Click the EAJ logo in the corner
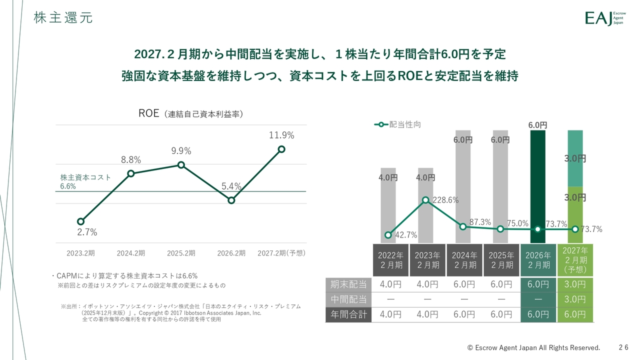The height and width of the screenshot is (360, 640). (604, 18)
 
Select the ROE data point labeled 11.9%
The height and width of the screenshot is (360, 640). (281, 149)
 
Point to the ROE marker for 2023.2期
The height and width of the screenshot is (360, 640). (80, 221)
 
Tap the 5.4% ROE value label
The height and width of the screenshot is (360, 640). (231, 186)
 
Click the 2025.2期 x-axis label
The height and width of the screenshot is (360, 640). (181, 253)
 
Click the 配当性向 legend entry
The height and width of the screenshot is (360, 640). (397, 124)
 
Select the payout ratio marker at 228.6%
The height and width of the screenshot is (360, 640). (425, 200)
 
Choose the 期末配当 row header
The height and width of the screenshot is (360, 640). (348, 284)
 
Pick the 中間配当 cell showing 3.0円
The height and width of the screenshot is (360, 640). (575, 299)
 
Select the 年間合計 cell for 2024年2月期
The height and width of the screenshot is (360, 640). (464, 314)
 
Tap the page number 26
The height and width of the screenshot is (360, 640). (623, 347)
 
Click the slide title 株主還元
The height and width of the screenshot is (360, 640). (63, 18)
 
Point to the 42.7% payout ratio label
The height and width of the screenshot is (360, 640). (406, 235)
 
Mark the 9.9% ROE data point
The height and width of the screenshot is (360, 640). (181, 165)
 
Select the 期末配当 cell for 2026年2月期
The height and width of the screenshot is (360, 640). (538, 284)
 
